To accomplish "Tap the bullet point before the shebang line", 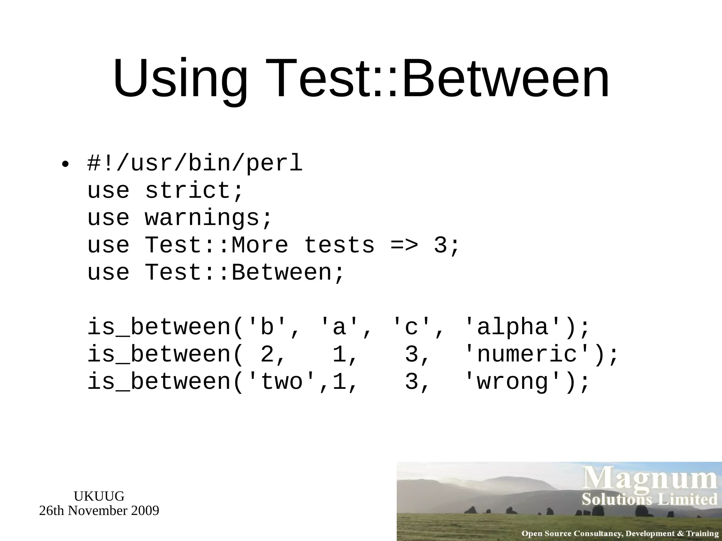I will pos(65,164).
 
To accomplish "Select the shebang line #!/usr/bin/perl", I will pos(195,163).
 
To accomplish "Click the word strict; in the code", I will pos(194,191).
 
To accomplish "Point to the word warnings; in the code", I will pos(209,218).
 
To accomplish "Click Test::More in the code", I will pos(216,245).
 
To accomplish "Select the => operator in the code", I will pos(404,245).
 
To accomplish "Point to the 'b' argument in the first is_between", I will pos(267,327).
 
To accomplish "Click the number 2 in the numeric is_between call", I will pos(267,354).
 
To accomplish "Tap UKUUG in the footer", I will pos(99,496).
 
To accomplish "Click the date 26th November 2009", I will pos(99,511).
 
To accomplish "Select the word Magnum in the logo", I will pos(650,479).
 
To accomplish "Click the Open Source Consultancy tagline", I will pos(620,534).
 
